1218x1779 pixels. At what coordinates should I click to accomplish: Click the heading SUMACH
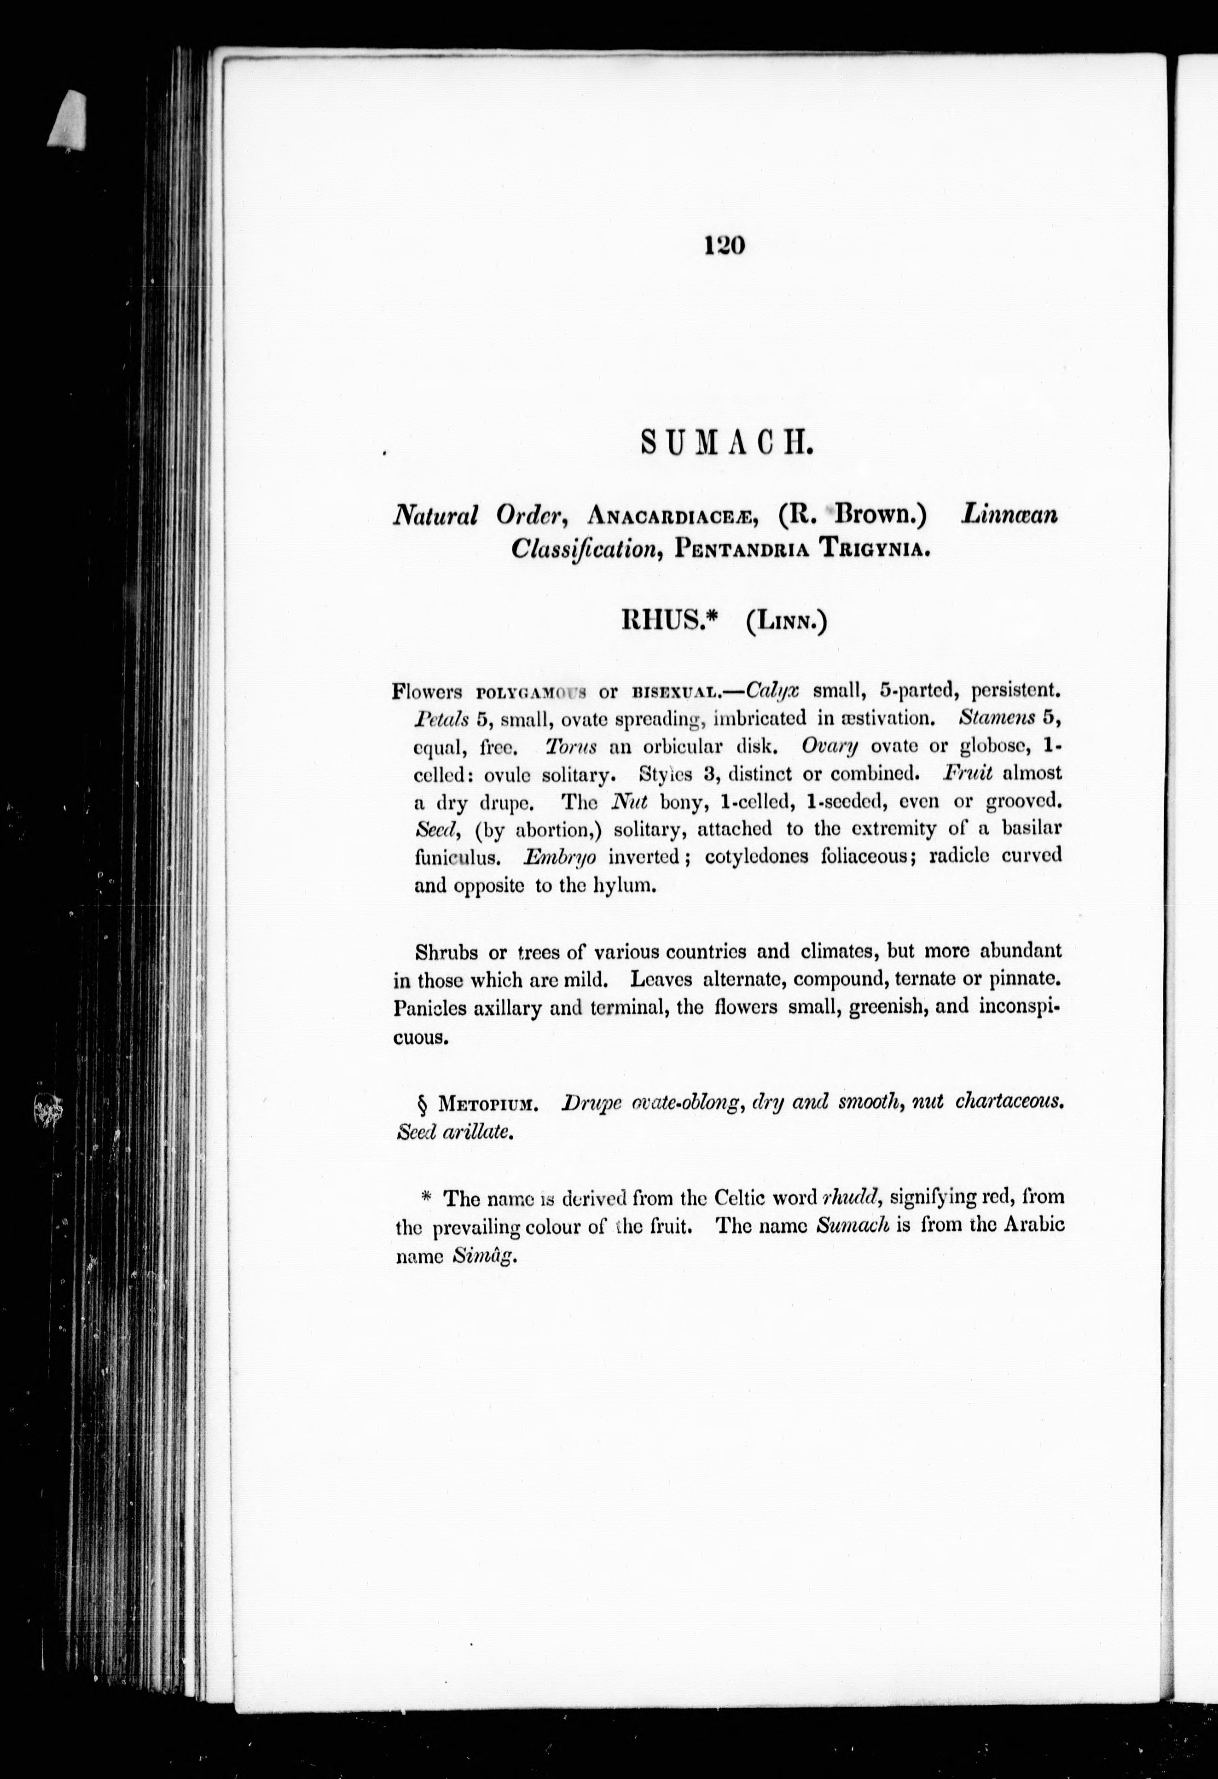(x=724, y=443)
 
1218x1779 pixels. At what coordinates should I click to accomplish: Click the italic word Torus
(x=571, y=745)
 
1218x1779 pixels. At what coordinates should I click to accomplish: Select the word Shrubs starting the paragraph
(x=447, y=952)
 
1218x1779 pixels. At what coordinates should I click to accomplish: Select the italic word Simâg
(x=481, y=1256)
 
